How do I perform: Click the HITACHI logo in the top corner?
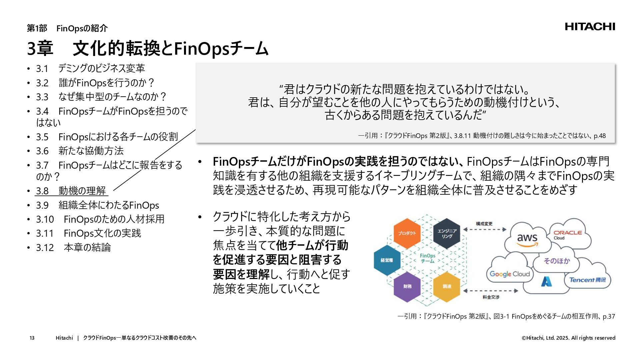pos(590,27)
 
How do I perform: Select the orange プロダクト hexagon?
pos(407,233)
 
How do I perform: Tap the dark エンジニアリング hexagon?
pos(447,233)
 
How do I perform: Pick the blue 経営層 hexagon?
pos(387,260)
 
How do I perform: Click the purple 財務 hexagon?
pos(407,286)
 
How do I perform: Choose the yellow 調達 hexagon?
pos(447,286)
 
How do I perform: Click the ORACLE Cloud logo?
pos(567,235)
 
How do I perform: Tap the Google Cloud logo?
pos(510,274)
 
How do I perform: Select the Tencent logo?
pos(587,280)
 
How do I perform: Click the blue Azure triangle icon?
pos(546,282)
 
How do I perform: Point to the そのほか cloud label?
pos(557,261)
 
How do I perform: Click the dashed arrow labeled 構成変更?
pos(485,229)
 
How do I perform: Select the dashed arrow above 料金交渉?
pos(491,291)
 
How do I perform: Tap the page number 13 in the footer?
pos(32,338)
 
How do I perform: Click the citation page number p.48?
pos(600,136)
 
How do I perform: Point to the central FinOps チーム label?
pos(427,258)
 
